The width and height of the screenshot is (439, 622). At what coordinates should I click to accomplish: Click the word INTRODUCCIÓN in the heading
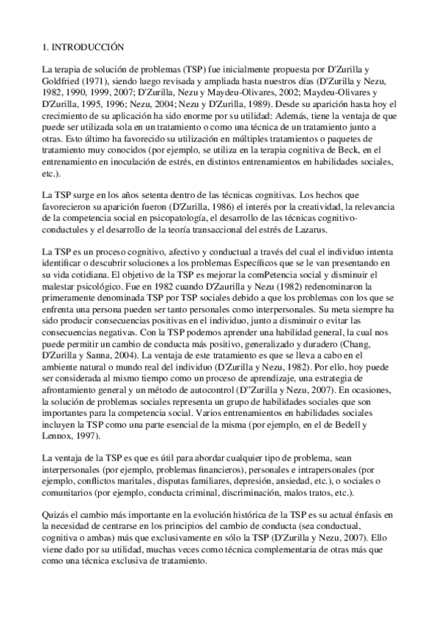(x=86, y=46)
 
